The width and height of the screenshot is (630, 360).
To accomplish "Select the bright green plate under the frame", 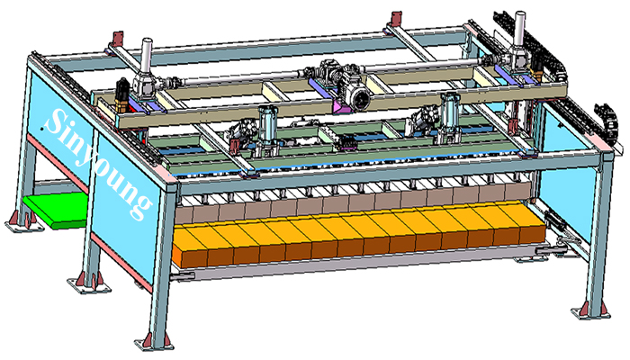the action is (x=55, y=210).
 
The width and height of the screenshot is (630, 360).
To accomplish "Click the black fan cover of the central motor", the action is (x=360, y=99).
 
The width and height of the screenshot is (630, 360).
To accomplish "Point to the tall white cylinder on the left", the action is (x=146, y=54).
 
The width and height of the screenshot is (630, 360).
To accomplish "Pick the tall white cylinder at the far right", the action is (x=520, y=28).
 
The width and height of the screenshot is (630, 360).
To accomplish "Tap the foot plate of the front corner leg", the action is (x=154, y=345).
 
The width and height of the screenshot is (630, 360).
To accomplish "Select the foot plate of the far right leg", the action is (x=590, y=312).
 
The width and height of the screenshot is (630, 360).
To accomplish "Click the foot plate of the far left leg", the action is (x=24, y=227).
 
